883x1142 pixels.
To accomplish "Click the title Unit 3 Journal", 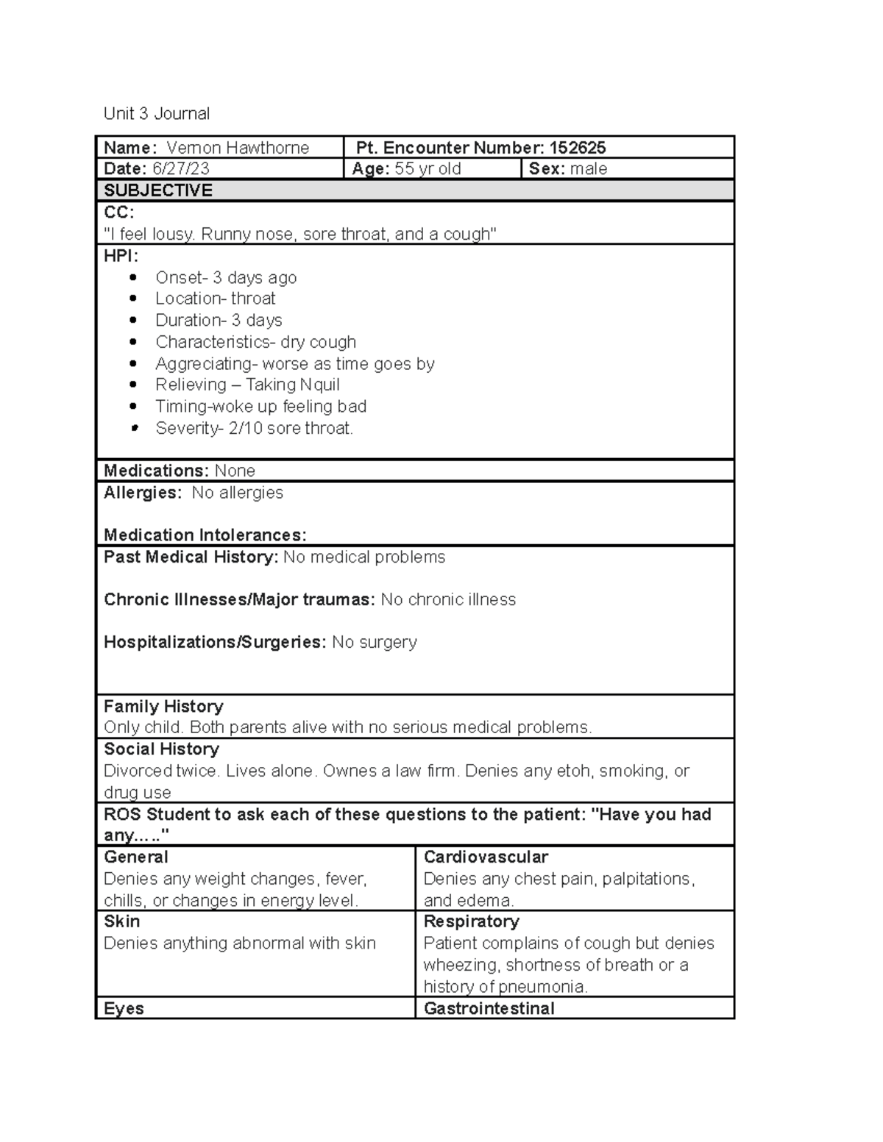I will pyautogui.click(x=156, y=113).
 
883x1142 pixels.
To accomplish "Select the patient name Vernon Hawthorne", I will pyautogui.click(x=238, y=148).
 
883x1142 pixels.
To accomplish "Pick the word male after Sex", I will pyautogui.click(x=589, y=168).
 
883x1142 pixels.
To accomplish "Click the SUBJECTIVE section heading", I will pyautogui.click(x=158, y=190).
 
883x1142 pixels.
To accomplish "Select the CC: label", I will pyautogui.click(x=119, y=213).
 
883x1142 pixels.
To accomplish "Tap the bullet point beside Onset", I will pyautogui.click(x=133, y=277).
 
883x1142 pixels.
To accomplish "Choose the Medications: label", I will pyautogui.click(x=157, y=471).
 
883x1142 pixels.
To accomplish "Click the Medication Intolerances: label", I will pyautogui.click(x=205, y=535).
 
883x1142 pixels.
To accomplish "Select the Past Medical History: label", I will pyautogui.click(x=191, y=557).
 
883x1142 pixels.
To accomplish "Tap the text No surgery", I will pyautogui.click(x=374, y=642).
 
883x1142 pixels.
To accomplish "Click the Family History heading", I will pyautogui.click(x=163, y=707).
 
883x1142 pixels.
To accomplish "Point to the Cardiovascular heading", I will pyautogui.click(x=486, y=857).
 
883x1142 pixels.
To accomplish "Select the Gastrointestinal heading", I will pyautogui.click(x=489, y=1008).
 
